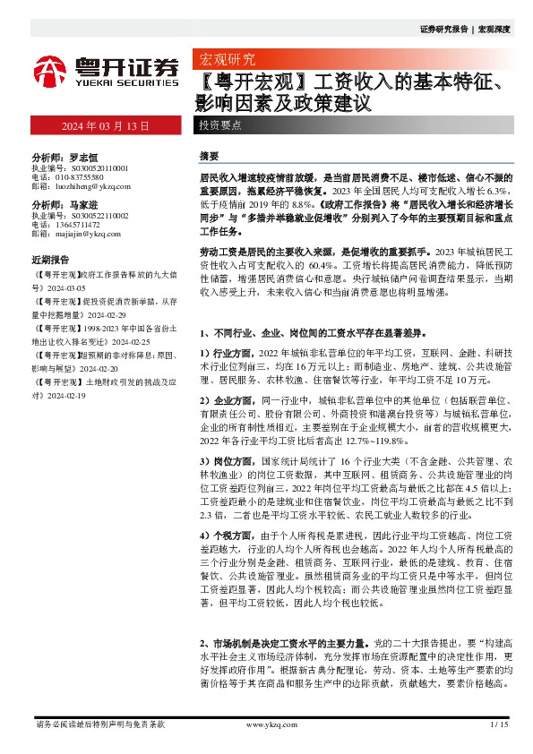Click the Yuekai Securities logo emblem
(50, 71)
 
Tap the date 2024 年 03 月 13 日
(106, 125)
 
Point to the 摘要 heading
(209, 156)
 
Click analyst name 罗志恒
(84, 156)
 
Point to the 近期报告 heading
(50, 260)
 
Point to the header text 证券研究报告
(444, 29)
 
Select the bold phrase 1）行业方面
(223, 354)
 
